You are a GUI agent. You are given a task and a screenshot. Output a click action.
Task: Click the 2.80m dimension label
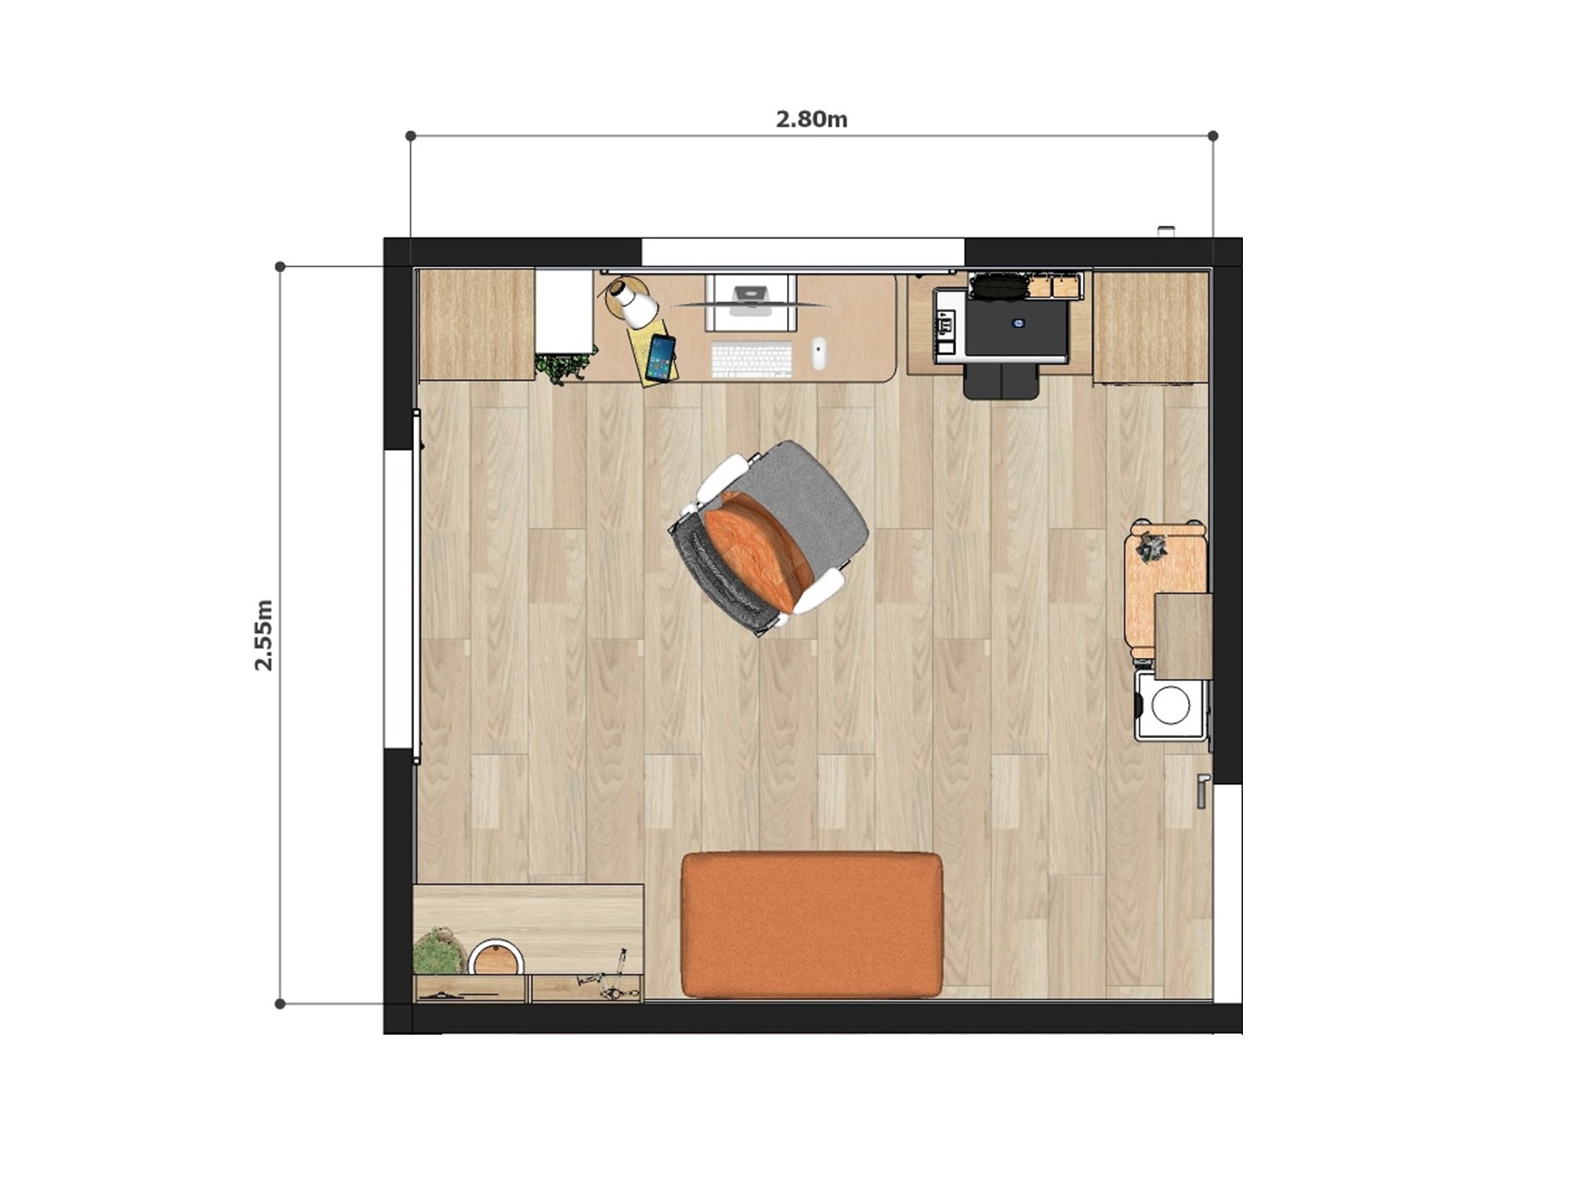tap(811, 120)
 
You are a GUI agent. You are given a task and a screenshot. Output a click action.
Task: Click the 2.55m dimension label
tap(264, 634)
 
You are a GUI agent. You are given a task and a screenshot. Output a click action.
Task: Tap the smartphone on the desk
tap(660, 358)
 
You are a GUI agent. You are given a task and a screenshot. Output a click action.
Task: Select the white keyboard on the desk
tap(752, 361)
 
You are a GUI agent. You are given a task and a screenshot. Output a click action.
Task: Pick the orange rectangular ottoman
tap(812, 925)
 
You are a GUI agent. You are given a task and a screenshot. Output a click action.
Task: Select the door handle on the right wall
tap(1202, 790)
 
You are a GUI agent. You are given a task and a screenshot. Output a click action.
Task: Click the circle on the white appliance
tap(1170, 705)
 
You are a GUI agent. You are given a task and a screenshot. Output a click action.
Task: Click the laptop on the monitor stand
tap(750, 298)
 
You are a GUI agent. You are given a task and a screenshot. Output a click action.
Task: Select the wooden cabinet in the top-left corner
tap(477, 325)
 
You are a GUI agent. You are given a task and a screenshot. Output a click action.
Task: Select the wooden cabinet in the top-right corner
tap(1150, 327)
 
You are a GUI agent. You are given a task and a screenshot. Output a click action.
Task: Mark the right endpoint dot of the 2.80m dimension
tap(1213, 136)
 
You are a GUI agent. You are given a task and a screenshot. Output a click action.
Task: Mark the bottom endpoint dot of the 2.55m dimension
tap(280, 1004)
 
